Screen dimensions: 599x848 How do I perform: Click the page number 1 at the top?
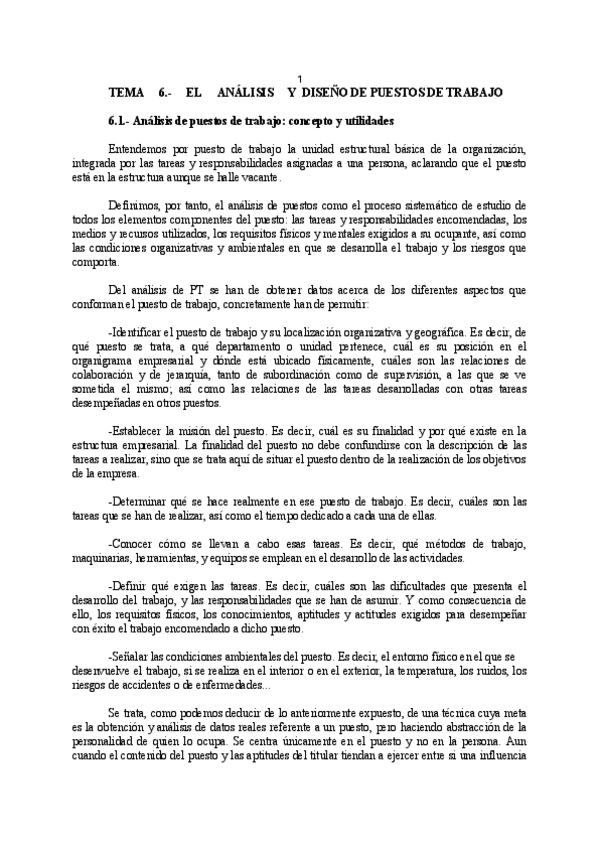301,79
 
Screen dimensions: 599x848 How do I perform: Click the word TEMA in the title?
126,92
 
